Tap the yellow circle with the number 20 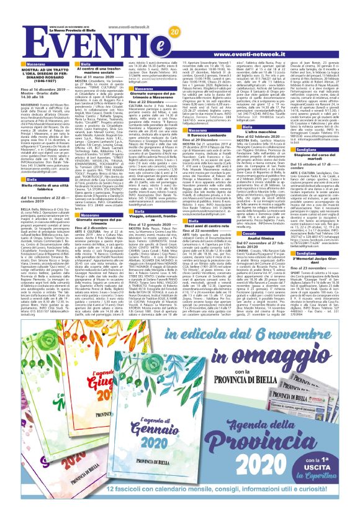pos(173,31)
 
